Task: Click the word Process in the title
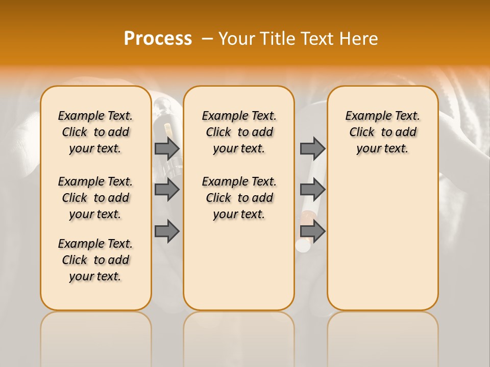click(x=158, y=38)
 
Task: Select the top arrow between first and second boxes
click(x=167, y=148)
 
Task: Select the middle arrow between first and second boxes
click(x=167, y=190)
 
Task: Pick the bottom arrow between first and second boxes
click(x=167, y=231)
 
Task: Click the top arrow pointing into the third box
click(x=312, y=148)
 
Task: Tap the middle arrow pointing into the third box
click(x=312, y=190)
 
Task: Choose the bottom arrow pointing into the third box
click(x=312, y=231)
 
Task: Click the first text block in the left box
click(x=95, y=132)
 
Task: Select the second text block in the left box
click(x=95, y=198)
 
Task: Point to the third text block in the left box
click(x=95, y=260)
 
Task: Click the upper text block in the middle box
click(x=239, y=132)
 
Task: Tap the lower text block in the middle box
click(x=239, y=198)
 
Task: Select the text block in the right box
click(x=382, y=132)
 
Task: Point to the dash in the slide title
click(x=207, y=39)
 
